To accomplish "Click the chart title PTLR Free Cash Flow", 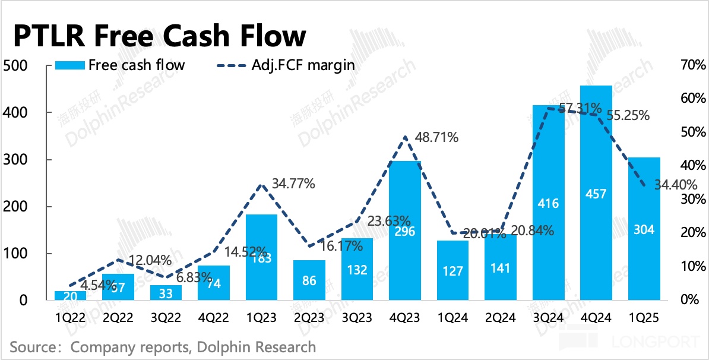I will click(159, 36).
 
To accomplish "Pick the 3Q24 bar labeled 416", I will click(548, 203).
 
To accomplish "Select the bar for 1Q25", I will click(644, 229).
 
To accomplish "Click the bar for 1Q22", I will click(70, 295).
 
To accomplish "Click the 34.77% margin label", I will click(292, 184).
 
